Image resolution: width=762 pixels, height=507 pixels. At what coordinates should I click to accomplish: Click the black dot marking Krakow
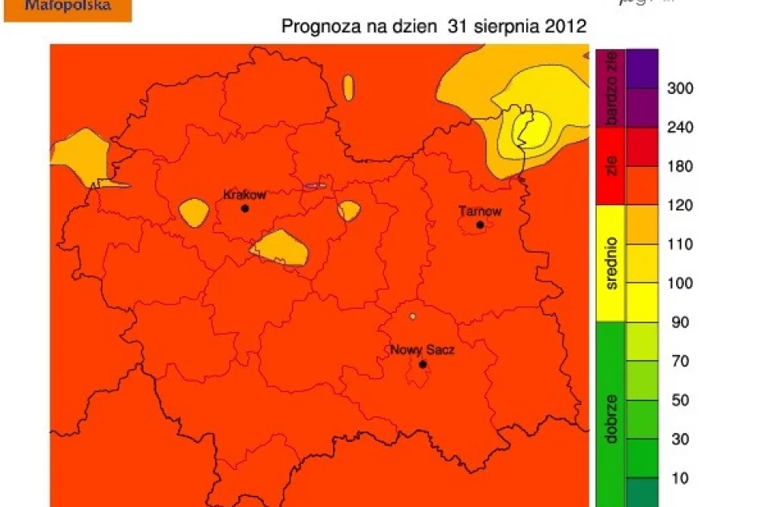245,209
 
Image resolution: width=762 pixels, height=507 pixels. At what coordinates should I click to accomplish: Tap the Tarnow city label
480,212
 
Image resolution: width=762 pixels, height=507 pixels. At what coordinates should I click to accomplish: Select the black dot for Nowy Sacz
423,364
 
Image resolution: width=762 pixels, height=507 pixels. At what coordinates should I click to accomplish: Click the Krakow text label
245,195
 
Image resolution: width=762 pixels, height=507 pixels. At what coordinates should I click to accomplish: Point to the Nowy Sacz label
422,351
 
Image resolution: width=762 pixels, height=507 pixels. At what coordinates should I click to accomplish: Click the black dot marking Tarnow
480,225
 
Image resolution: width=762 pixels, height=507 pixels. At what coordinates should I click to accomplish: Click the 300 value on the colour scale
680,88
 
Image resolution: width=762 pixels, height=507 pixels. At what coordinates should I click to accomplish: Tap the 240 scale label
680,128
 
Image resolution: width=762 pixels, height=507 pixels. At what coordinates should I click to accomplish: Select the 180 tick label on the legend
680,167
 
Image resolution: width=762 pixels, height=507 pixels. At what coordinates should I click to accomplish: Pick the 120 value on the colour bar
680,205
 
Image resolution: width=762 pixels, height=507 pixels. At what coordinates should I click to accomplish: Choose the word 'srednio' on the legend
611,262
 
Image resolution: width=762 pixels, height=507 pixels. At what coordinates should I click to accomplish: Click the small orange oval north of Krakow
348,88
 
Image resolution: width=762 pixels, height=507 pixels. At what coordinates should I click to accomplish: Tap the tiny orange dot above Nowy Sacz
412,316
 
